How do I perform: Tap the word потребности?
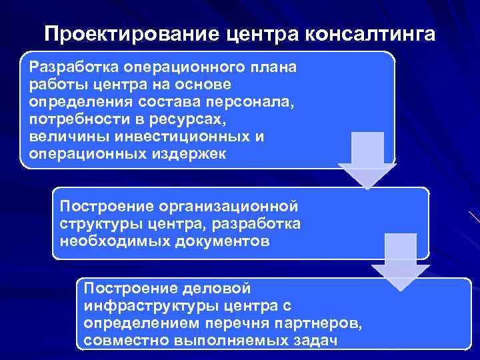[x=73, y=119]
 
